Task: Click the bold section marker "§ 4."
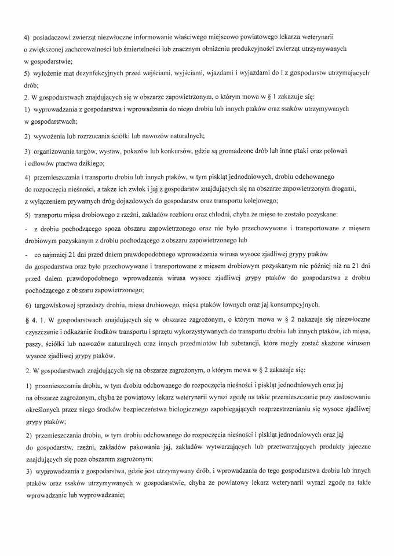tap(31, 319)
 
